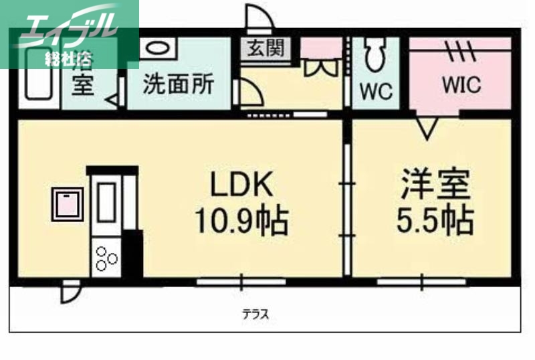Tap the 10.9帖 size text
241,221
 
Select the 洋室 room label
435,185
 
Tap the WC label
377,91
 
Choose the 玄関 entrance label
266,48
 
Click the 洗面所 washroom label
179,85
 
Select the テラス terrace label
256,314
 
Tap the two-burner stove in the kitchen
106,258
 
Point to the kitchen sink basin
106,200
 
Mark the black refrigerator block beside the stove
132,254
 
